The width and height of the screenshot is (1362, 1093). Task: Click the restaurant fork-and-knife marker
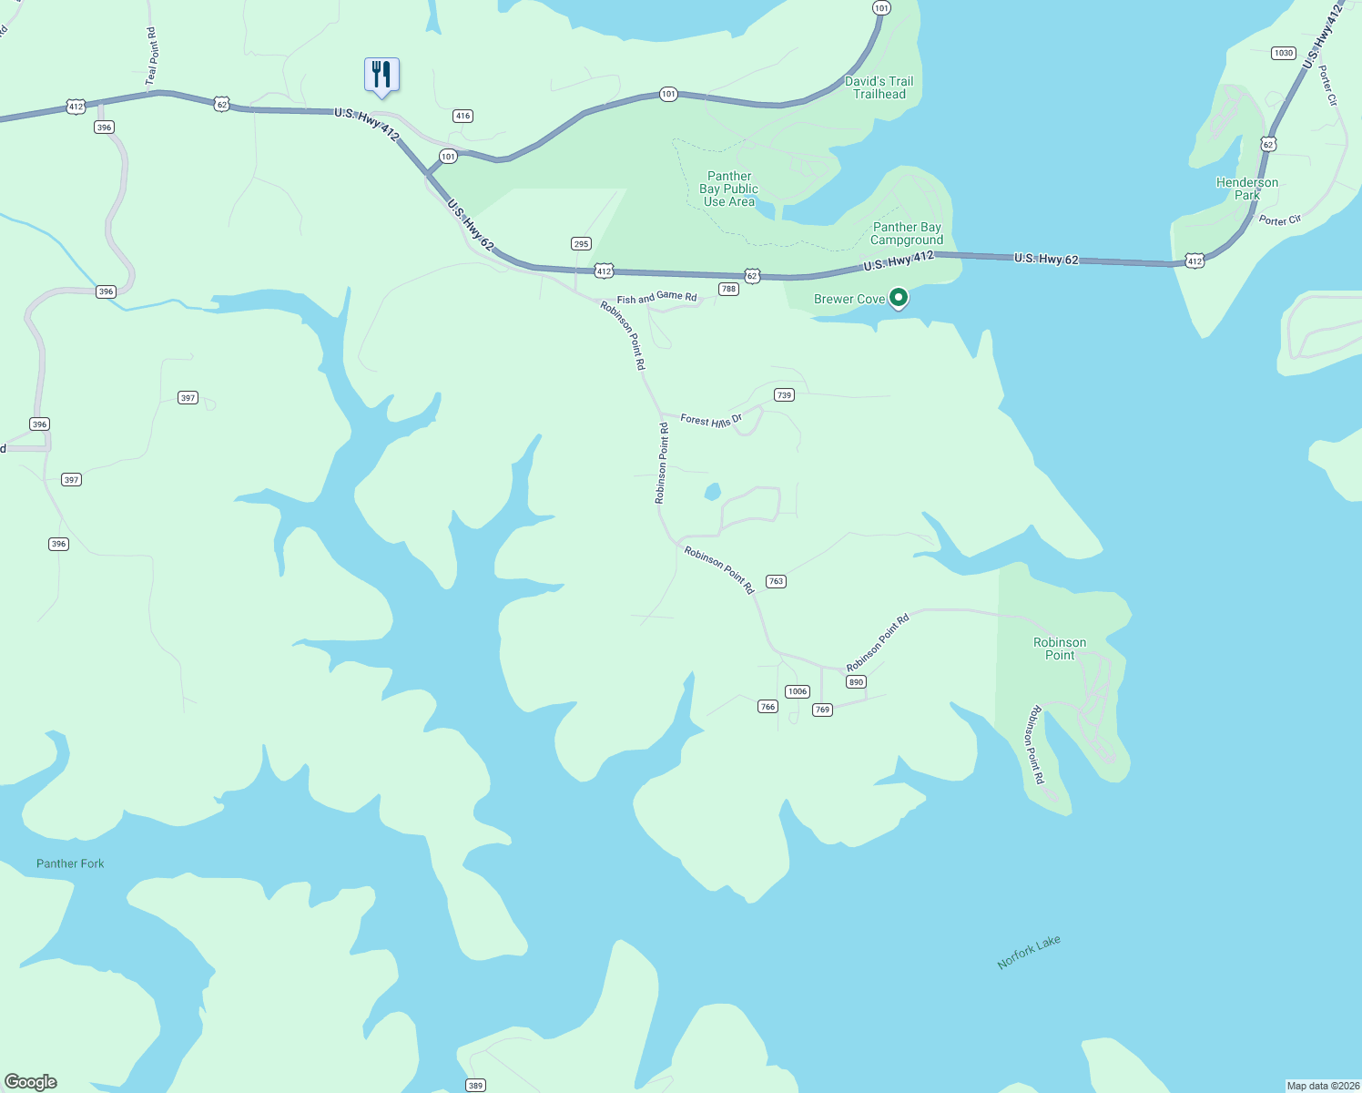pyautogui.click(x=381, y=76)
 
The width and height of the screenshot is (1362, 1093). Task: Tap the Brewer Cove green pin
pyautogui.click(x=898, y=297)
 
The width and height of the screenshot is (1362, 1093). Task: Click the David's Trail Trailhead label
pyautogui.click(x=879, y=87)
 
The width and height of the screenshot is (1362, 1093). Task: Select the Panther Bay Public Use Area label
pyautogui.click(x=729, y=189)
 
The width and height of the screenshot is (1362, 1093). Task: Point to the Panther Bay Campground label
pyautogui.click(x=907, y=234)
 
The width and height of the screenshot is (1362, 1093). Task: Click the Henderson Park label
pyautogui.click(x=1247, y=189)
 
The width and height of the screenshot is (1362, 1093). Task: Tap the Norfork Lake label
pyautogui.click(x=1029, y=953)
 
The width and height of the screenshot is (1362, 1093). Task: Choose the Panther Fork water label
pyautogui.click(x=70, y=863)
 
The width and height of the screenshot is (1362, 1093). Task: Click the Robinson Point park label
pyautogui.click(x=1060, y=649)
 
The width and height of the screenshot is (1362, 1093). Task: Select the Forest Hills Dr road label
pyautogui.click(x=711, y=420)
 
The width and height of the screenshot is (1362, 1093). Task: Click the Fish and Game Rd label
pyautogui.click(x=656, y=298)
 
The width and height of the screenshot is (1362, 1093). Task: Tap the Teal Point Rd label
pyautogui.click(x=152, y=57)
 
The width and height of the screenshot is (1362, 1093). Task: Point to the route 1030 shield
pyautogui.click(x=1284, y=53)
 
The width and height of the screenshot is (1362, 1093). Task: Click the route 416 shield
pyautogui.click(x=462, y=116)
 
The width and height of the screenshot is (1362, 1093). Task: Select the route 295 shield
pyautogui.click(x=581, y=243)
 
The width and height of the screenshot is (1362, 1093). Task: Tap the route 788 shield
pyautogui.click(x=727, y=289)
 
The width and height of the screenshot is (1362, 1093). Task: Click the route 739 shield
pyautogui.click(x=784, y=394)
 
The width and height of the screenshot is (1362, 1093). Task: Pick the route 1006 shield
pyautogui.click(x=798, y=691)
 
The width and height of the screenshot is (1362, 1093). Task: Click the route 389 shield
pyautogui.click(x=475, y=1085)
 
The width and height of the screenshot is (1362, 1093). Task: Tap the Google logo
pyautogui.click(x=31, y=1082)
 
